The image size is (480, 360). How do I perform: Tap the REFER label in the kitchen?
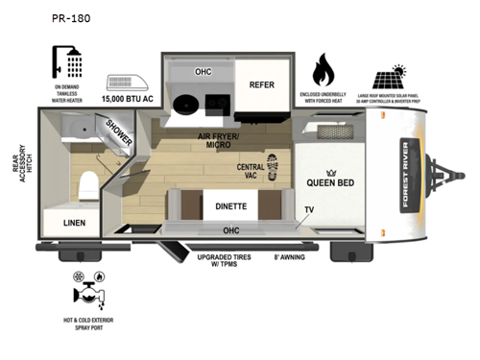[x=262, y=84]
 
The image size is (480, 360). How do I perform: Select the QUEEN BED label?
[x=333, y=182]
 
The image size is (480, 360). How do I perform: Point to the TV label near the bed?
[x=309, y=208]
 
